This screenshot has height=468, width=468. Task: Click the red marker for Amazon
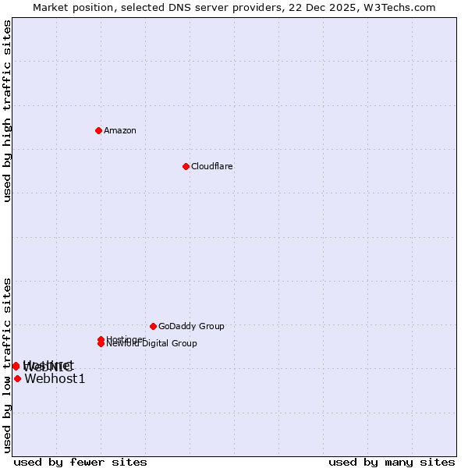pyautogui.click(x=98, y=130)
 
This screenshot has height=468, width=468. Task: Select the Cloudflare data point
pyautogui.click(x=186, y=166)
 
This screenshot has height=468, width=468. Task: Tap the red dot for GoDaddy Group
pyautogui.click(x=153, y=326)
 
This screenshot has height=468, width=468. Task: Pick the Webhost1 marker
pyautogui.click(x=17, y=379)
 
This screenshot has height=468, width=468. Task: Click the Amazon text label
pyautogui.click(x=120, y=130)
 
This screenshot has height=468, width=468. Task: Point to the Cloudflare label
pyautogui.click(x=212, y=166)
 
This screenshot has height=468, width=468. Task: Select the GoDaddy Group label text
pyautogui.click(x=191, y=326)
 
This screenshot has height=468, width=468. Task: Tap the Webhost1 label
pyautogui.click(x=55, y=379)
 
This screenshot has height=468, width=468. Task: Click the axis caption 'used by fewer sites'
pyautogui.click(x=80, y=463)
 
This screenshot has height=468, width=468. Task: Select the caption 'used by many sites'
pyautogui.click(x=392, y=463)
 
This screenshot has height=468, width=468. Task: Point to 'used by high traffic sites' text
pyautogui.click(x=8, y=111)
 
